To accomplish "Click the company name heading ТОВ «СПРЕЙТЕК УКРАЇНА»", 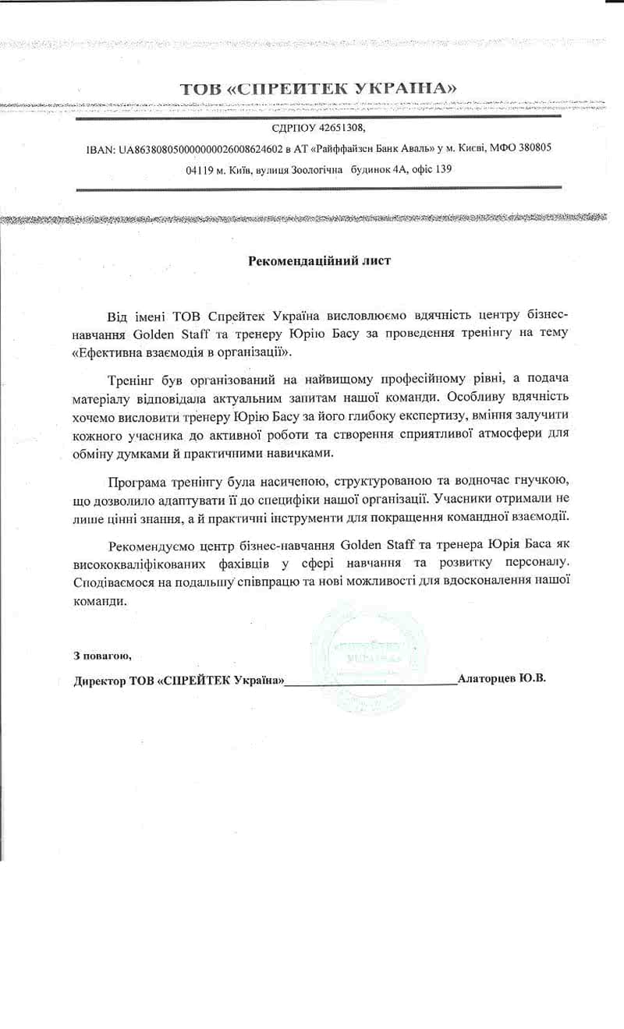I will [x=318, y=89].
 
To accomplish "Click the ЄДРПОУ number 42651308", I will [x=342, y=127].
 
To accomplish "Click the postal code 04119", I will [x=202, y=169].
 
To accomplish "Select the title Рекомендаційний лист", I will [x=319, y=261].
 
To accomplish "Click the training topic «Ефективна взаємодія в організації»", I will [x=183, y=352].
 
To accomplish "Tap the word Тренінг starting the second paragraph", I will [x=131, y=379].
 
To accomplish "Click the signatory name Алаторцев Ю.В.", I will [x=502, y=678].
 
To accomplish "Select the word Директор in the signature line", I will [x=99, y=680].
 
